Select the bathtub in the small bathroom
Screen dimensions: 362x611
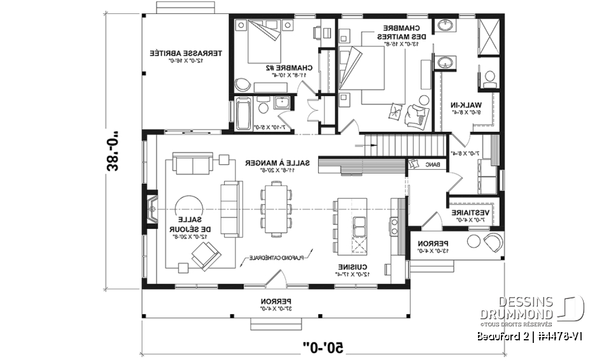(242, 115)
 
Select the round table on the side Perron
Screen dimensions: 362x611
(474, 242)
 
